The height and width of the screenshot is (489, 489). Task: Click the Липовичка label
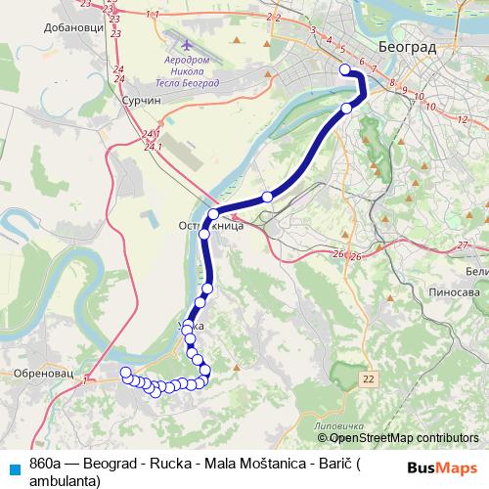332,427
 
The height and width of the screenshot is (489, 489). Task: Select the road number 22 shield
367,378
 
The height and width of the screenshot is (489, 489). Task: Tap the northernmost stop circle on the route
344,68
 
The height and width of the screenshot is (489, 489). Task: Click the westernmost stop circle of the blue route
125,372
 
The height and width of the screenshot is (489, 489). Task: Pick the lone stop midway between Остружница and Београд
267,197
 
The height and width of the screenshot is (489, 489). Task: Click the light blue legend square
14,467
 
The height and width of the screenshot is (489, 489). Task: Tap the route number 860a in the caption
45,463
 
